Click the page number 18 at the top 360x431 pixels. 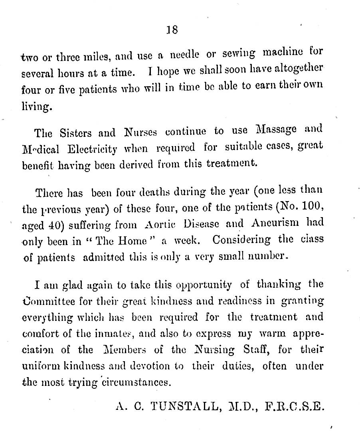(x=172, y=30)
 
